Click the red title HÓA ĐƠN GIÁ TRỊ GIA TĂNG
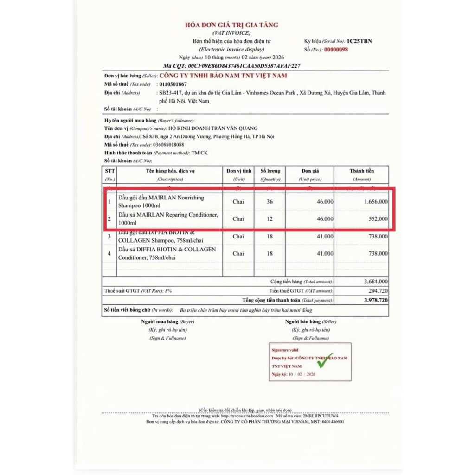231,25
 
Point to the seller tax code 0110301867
173,84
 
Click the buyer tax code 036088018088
172,145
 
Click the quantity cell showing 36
270,202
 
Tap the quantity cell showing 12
270,218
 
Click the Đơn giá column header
309,171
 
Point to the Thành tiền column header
361,171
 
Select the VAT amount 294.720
377,291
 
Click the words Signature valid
285,350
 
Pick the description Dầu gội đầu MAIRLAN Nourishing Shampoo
161,201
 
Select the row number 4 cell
109,253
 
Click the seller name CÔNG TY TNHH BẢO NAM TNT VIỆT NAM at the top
223,76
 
